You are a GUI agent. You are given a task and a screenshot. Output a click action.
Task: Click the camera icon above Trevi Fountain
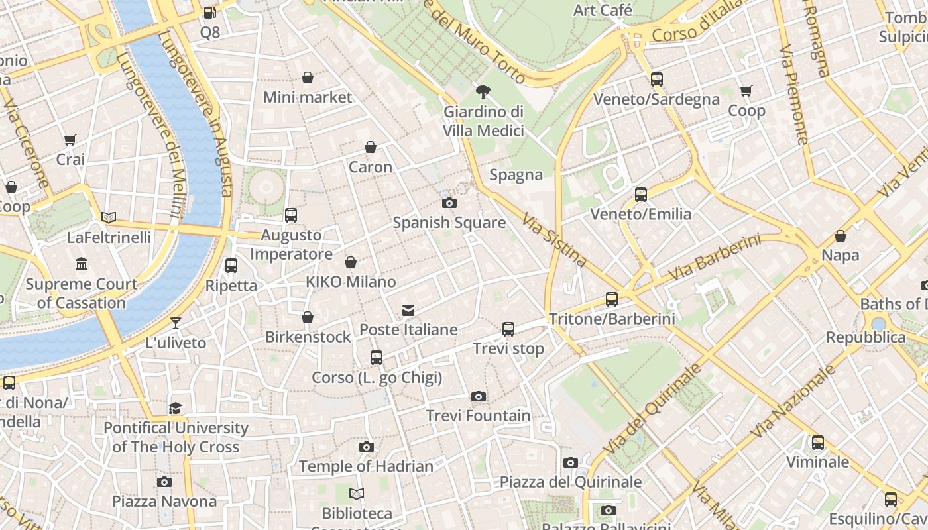pyautogui.click(x=478, y=396)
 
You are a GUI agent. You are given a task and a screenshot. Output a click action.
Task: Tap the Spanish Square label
pyautogui.click(x=449, y=223)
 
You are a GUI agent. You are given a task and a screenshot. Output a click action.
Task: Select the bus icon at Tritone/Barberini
pyautogui.click(x=611, y=299)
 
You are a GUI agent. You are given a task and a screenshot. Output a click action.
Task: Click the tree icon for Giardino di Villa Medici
pyautogui.click(x=483, y=92)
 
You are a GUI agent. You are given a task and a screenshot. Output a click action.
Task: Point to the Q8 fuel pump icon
pyautogui.click(x=209, y=12)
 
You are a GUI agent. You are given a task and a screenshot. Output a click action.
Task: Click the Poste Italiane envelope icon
pyautogui.click(x=408, y=310)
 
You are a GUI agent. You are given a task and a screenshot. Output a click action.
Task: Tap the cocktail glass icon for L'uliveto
pyautogui.click(x=176, y=323)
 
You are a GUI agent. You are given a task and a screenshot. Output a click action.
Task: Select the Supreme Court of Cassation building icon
pyautogui.click(x=82, y=264)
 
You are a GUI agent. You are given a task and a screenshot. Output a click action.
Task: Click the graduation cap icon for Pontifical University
pyautogui.click(x=175, y=408)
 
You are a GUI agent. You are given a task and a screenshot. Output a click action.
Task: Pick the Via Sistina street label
pyautogui.click(x=554, y=240)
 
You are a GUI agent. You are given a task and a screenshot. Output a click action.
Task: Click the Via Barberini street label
pyautogui.click(x=715, y=257)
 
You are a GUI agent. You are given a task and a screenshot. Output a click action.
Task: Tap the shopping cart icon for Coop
pyautogui.click(x=746, y=91)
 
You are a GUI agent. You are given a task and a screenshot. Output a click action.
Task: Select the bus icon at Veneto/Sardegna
pyautogui.click(x=656, y=79)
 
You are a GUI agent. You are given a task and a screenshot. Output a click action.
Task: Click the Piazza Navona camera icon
pyautogui.click(x=164, y=482)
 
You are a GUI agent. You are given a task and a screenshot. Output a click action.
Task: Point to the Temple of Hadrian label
pyautogui.click(x=366, y=466)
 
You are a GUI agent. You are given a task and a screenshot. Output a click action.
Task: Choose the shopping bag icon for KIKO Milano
pyautogui.click(x=351, y=263)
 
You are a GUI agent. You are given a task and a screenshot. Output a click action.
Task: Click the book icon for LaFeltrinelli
pyautogui.click(x=109, y=217)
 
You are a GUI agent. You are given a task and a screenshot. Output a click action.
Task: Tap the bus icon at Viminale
pyautogui.click(x=817, y=442)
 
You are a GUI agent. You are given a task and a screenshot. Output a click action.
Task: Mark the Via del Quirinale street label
pyautogui.click(x=652, y=409)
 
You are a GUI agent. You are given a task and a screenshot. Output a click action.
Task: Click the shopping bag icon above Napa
pyautogui.click(x=840, y=236)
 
